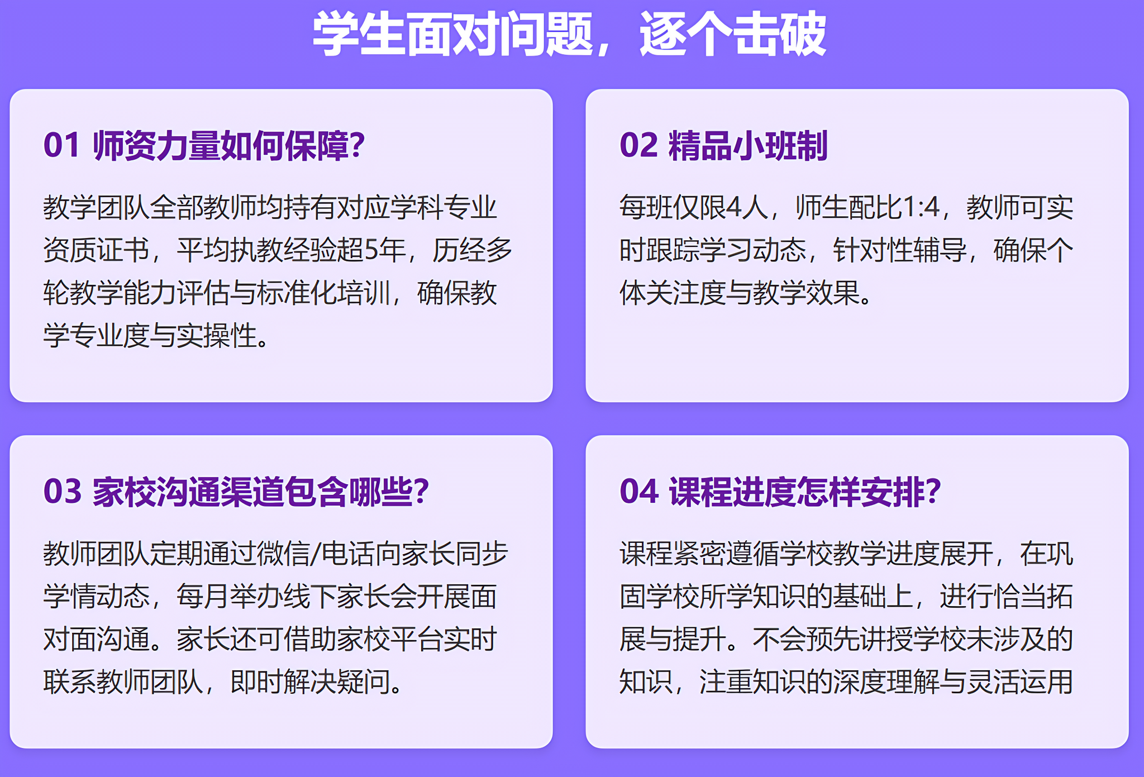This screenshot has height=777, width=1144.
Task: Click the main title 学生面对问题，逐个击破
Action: click(569, 35)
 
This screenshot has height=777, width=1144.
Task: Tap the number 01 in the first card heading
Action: click(62, 145)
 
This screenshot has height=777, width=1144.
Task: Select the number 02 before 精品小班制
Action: click(638, 145)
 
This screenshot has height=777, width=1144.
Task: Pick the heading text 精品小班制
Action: click(748, 146)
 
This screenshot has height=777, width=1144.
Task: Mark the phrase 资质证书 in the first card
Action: click(96, 250)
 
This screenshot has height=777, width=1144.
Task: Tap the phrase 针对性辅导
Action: click(900, 250)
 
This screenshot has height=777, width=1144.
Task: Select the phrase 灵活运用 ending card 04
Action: click(1020, 681)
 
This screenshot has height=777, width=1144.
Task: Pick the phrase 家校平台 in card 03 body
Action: click(390, 639)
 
